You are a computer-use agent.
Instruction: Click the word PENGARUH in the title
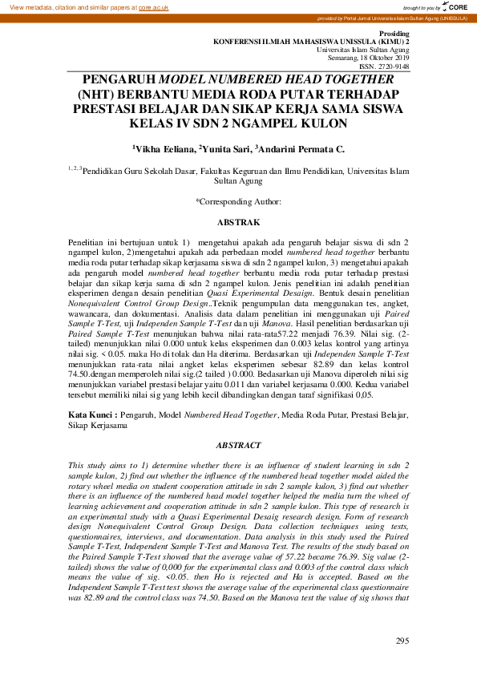[x=120, y=80]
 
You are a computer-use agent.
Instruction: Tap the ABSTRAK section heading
[x=238, y=220]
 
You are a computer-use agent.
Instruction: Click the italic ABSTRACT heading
[x=238, y=445]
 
